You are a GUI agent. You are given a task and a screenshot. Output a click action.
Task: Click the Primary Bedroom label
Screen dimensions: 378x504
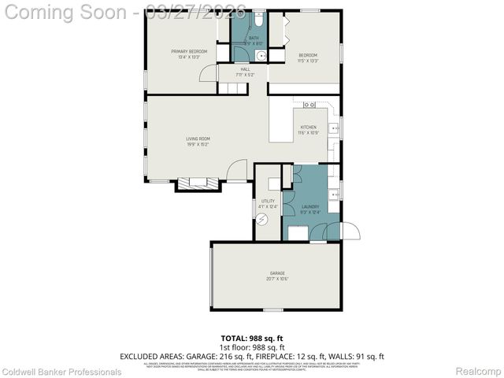[x=183, y=52]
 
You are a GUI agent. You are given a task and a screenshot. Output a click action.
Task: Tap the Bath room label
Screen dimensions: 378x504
[x=254, y=38]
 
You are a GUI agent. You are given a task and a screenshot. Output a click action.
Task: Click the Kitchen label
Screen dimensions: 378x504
[x=308, y=128]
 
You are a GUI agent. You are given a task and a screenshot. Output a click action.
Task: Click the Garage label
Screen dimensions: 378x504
[x=277, y=274]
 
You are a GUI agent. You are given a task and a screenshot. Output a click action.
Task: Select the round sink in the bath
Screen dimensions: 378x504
[x=261, y=55]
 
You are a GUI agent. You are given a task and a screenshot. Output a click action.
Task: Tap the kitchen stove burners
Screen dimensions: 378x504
[x=309, y=105]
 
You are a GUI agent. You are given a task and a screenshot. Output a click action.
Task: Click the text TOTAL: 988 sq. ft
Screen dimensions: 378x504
[x=251, y=338]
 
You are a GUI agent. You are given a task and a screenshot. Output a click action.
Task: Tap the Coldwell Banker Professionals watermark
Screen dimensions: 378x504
[x=61, y=372]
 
